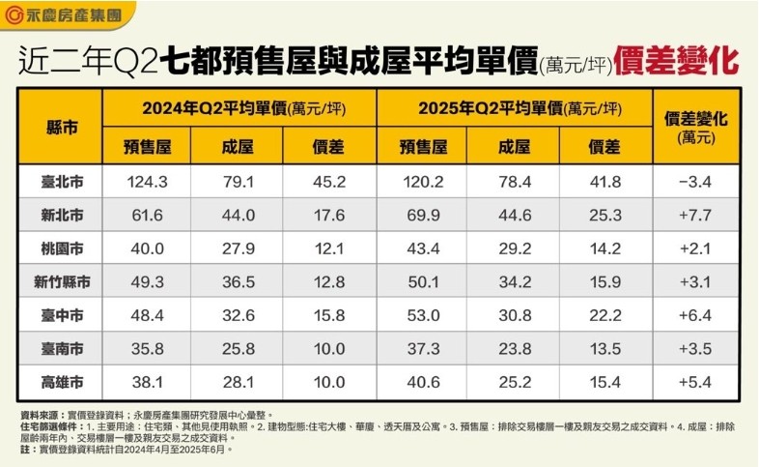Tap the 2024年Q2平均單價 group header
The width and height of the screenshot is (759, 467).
tap(238, 108)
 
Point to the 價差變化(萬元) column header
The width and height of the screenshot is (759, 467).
tap(696, 127)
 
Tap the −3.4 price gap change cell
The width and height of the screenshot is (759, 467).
tap(696, 182)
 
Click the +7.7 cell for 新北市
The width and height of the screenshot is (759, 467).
tap(696, 215)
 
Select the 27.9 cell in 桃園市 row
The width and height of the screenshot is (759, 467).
tap(238, 248)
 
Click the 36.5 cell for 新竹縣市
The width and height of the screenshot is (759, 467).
tap(238, 281)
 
